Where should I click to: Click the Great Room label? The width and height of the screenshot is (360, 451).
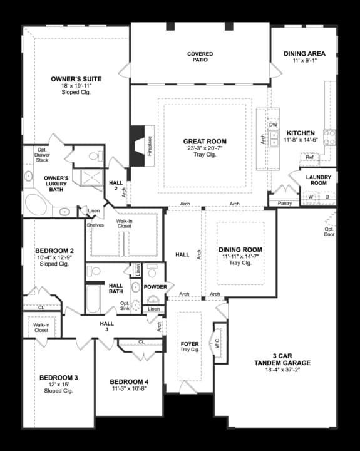tap(205, 142)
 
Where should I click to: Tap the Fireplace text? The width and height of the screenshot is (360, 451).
tap(150, 146)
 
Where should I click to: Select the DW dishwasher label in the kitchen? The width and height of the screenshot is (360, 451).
tap(273, 125)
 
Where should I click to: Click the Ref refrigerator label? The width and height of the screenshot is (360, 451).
tap(309, 157)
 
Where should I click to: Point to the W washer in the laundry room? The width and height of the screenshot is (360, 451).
tap(311, 197)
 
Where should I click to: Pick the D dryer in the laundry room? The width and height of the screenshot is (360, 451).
tap(327, 197)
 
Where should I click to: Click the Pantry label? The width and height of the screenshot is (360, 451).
tap(285, 203)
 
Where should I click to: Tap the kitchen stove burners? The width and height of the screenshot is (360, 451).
tap(329, 137)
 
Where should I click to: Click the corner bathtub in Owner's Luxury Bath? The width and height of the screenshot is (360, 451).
tap(36, 204)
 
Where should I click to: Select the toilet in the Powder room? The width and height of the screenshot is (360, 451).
tap(152, 271)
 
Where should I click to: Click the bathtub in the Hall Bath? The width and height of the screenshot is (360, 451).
tap(93, 299)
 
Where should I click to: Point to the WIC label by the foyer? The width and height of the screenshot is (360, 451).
tap(217, 343)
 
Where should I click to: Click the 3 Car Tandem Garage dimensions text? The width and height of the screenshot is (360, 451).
tap(282, 370)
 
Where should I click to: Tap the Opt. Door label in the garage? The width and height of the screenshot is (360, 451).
tap(329, 232)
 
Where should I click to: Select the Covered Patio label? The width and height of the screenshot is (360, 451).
tap(200, 56)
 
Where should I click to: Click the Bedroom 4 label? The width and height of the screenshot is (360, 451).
tap(129, 382)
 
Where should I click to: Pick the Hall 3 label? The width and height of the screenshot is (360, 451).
tap(107, 326)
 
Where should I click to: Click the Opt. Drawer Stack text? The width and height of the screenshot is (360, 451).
tap(42, 155)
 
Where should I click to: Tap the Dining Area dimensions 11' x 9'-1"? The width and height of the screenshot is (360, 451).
tap(304, 60)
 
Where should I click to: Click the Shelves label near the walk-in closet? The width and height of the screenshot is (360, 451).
tap(95, 225)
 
